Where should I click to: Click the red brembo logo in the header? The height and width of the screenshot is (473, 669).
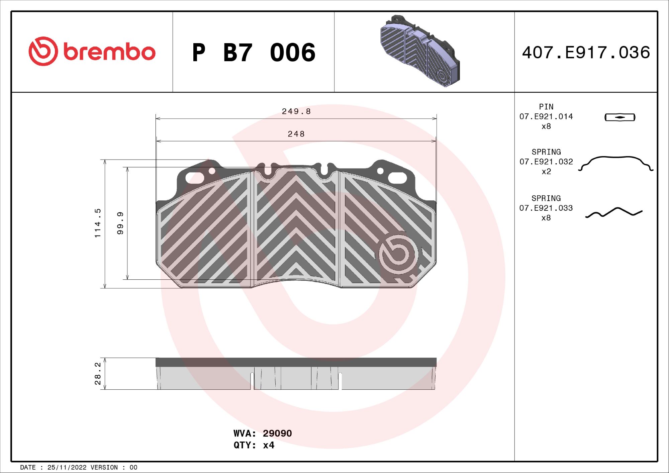[92, 52]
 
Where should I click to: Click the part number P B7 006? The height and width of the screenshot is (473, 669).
[254, 53]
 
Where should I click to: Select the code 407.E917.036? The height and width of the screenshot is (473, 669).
[586, 53]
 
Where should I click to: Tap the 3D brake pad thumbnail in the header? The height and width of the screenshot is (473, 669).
[420, 51]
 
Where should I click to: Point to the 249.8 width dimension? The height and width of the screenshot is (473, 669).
[296, 111]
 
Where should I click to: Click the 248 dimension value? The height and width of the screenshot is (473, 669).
[296, 134]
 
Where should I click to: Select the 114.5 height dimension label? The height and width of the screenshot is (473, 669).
[97, 223]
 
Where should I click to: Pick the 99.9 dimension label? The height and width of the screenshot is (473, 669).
[120, 223]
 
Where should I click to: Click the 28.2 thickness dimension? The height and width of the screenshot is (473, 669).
[97, 373]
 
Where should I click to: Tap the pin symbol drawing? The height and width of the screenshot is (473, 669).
[620, 117]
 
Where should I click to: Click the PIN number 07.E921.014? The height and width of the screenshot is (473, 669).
[546, 117]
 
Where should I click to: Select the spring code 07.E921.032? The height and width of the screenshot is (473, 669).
[546, 162]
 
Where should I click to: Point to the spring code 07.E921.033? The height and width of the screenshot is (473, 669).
[546, 208]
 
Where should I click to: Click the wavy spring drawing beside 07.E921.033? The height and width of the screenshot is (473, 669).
[614, 212]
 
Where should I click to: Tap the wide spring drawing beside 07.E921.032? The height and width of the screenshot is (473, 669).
[615, 163]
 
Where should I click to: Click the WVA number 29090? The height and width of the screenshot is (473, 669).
[277, 434]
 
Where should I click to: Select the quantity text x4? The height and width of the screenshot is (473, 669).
[269, 445]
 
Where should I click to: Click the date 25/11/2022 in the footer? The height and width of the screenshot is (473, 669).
[67, 467]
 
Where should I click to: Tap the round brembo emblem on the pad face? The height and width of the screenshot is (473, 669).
[398, 254]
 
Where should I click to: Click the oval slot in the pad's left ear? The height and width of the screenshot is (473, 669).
[195, 178]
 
